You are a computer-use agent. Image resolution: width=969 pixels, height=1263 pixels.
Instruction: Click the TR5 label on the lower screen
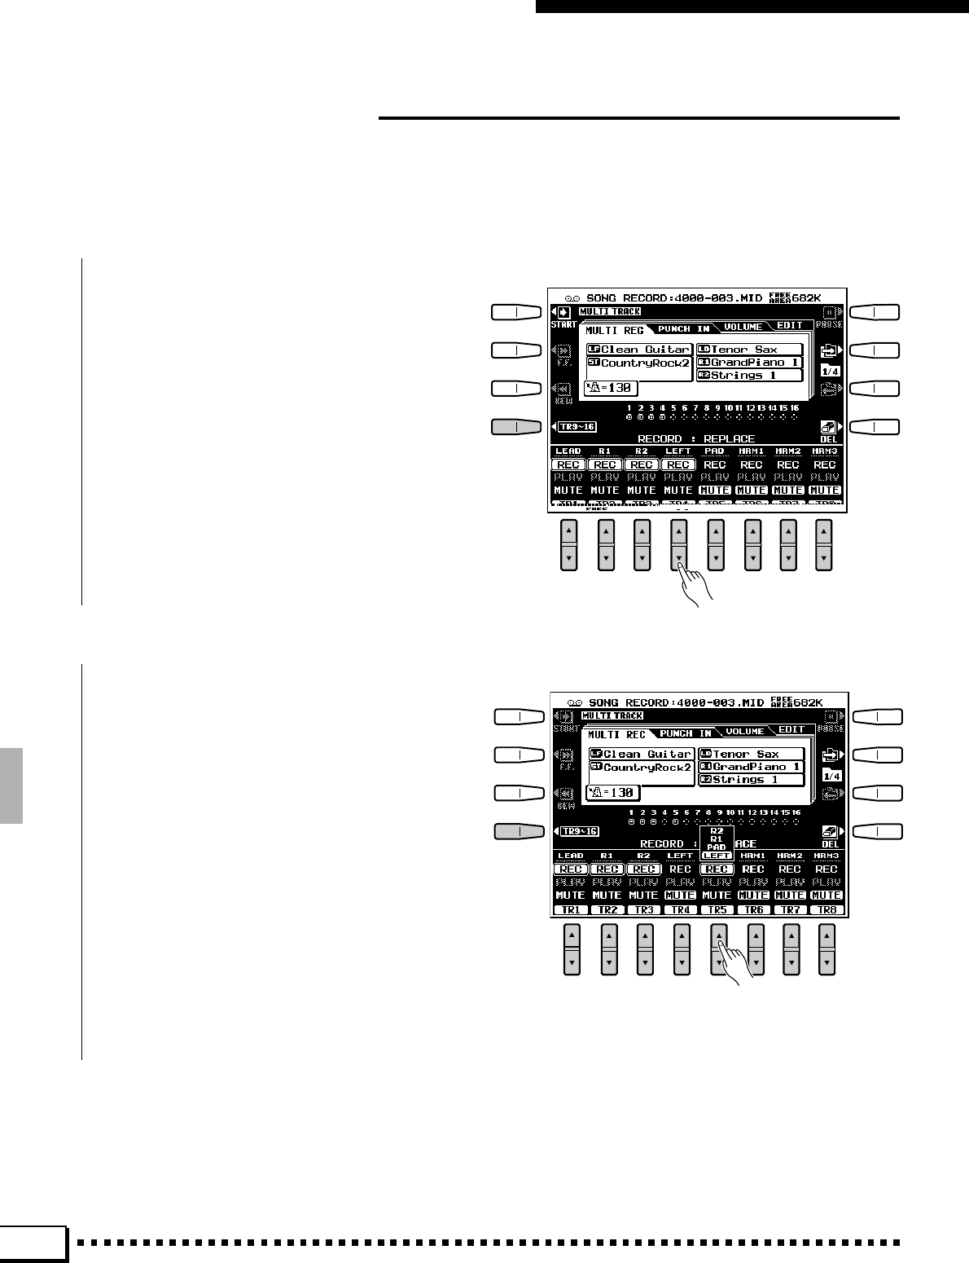point(717,910)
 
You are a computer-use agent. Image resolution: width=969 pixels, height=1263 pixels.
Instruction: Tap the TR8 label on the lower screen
point(826,910)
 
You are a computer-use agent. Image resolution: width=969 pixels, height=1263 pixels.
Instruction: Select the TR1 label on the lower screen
point(570,910)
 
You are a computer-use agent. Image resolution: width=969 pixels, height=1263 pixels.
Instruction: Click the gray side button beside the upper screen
point(517,426)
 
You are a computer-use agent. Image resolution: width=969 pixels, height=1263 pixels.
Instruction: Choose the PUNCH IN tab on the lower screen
point(686,733)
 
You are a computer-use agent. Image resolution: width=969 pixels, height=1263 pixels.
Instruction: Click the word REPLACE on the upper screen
point(729,439)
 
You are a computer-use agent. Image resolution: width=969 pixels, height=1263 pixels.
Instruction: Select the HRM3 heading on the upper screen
point(825,451)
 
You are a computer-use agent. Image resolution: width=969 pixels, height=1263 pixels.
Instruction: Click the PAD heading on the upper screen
point(714,451)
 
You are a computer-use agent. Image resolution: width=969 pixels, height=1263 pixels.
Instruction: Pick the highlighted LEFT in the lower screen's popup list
point(717,856)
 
